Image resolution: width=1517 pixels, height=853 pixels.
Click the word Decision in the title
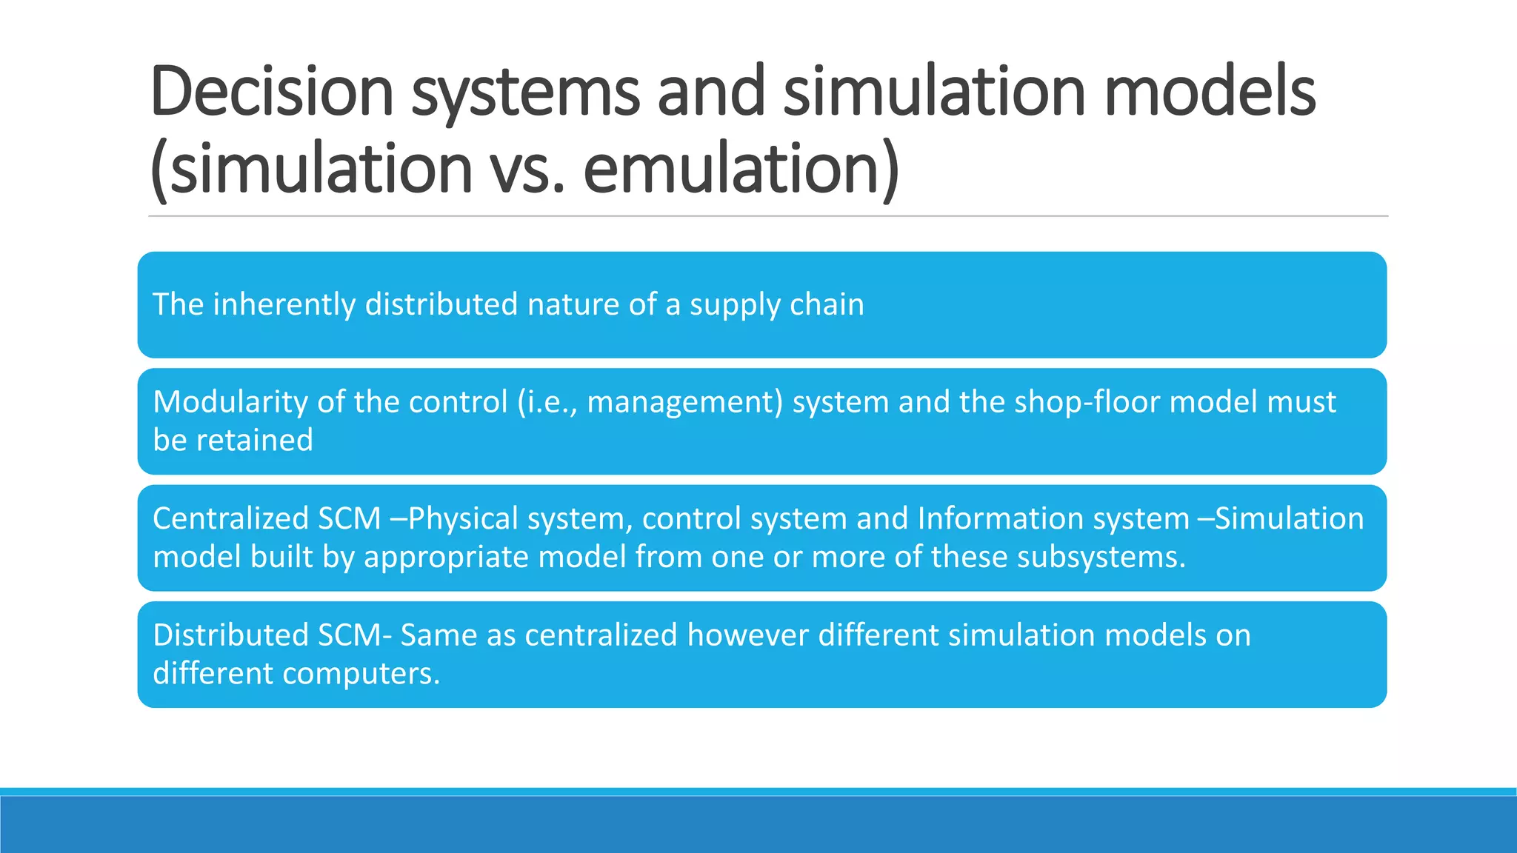point(271,92)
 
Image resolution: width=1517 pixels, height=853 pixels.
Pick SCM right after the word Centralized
point(349,518)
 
